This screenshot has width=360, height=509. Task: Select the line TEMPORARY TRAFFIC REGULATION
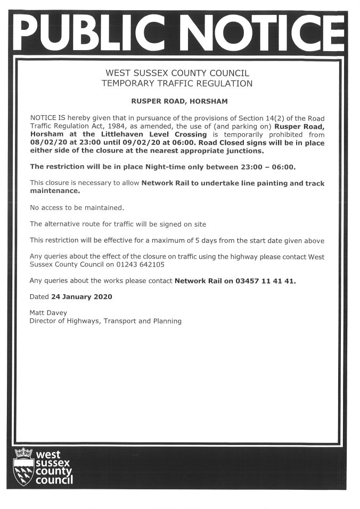(x=177, y=83)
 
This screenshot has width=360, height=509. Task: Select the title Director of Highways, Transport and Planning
(x=105, y=321)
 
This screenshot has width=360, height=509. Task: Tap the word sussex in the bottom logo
(x=54, y=464)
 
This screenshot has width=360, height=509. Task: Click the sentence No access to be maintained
(x=77, y=207)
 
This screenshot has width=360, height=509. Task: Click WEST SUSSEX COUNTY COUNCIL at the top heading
(x=177, y=73)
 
